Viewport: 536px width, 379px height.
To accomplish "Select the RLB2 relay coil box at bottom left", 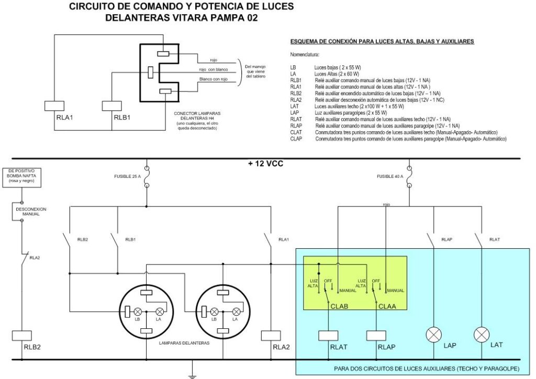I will click(x=22, y=335).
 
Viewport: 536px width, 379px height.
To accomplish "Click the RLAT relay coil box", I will click(x=329, y=335).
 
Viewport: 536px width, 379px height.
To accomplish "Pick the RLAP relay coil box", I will click(x=376, y=335).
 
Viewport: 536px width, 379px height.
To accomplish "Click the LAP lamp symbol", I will click(x=433, y=335).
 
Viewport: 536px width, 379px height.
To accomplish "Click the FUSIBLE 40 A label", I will click(x=390, y=177).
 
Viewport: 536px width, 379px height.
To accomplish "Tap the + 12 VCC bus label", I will click(x=265, y=164).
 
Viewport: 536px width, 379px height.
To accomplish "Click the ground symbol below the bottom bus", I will click(x=192, y=375).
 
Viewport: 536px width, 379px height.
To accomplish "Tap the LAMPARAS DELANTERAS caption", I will click(x=184, y=343).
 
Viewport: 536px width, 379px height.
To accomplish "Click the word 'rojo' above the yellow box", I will click(x=386, y=204).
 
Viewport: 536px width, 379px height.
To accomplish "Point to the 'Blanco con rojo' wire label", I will click(x=214, y=79).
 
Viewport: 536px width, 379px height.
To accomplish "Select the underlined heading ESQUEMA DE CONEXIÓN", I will click(x=382, y=41).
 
